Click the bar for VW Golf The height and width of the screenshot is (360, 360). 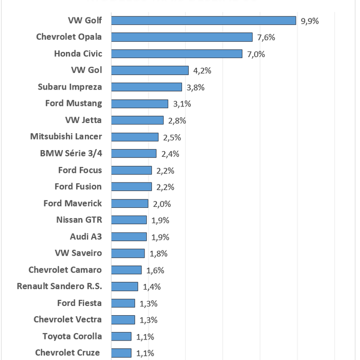pyautogui.click(x=203, y=21)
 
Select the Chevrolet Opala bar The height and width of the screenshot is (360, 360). pyautogui.click(x=182, y=37)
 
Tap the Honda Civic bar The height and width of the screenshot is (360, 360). pyautogui.click(x=176, y=54)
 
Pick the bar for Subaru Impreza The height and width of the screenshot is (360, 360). pyautogui.click(x=147, y=87)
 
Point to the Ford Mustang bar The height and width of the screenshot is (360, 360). pyautogui.click(x=139, y=104)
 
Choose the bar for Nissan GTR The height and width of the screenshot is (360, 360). pyautogui.click(x=129, y=220)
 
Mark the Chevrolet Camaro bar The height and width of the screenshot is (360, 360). pyautogui.click(x=126, y=270)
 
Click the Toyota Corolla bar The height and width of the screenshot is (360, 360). pyautogui.click(x=121, y=336)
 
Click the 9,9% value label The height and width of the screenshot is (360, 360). pyautogui.click(x=310, y=21)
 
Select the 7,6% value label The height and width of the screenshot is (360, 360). pyautogui.click(x=266, y=38)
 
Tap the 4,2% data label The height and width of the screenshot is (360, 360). pyautogui.click(x=202, y=71)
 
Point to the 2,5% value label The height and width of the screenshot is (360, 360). pyautogui.click(x=171, y=137)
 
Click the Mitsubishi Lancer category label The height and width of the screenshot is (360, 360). pyautogui.click(x=66, y=137)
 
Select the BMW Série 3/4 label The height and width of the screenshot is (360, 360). pyautogui.click(x=71, y=153)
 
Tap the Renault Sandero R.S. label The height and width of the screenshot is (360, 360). pyautogui.click(x=59, y=286)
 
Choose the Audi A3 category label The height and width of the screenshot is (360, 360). pyautogui.click(x=86, y=237)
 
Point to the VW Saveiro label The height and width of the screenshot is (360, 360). pyautogui.click(x=78, y=253)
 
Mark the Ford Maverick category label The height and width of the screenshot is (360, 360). pyautogui.click(x=73, y=203)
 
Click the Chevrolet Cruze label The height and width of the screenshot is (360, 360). pyautogui.click(x=67, y=353)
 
